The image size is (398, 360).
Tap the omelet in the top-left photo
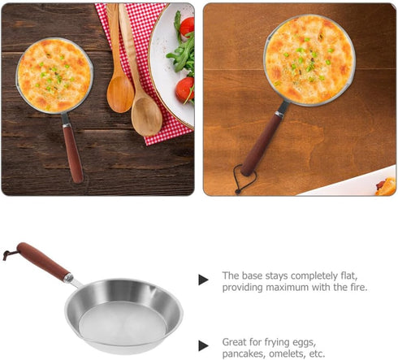point(54,75)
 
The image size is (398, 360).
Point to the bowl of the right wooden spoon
point(146,115)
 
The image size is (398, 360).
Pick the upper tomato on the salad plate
point(187,28)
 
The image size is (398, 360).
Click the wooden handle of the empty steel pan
point(41,262)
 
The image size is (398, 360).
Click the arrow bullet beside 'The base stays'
point(203,280)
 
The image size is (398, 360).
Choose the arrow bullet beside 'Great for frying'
point(203,345)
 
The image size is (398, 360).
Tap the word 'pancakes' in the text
point(243,353)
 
